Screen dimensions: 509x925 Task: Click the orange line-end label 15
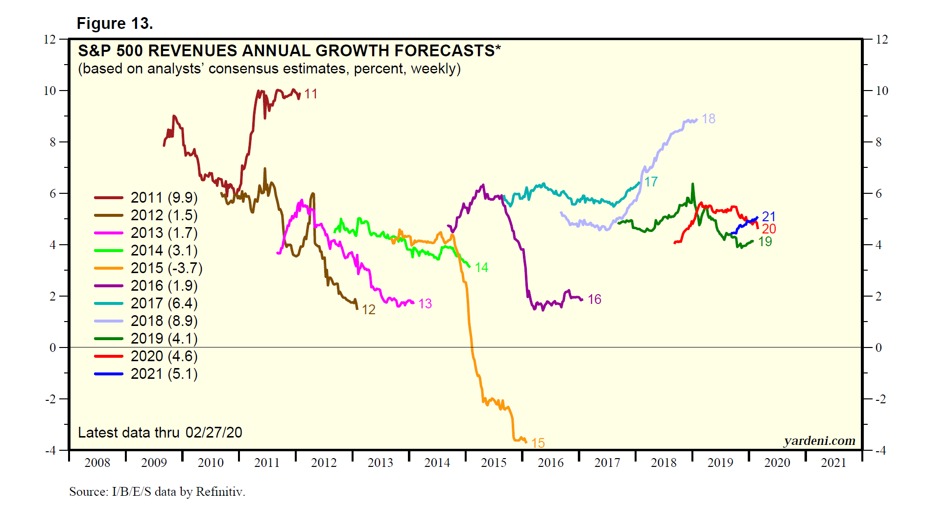point(538,443)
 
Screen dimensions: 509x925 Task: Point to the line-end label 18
point(708,119)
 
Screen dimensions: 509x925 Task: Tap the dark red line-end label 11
point(310,94)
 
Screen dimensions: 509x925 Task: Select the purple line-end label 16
point(594,300)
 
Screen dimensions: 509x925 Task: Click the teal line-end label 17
point(651,182)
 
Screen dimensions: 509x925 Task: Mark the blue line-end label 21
point(769,216)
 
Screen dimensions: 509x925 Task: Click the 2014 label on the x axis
point(437,463)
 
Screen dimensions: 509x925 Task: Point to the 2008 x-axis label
point(97,463)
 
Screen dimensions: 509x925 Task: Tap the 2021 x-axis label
point(833,463)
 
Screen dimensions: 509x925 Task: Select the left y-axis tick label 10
point(50,91)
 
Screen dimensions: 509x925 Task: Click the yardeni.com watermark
point(819,441)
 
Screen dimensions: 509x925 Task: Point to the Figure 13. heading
point(115,23)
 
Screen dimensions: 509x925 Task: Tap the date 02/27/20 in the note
point(213,433)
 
